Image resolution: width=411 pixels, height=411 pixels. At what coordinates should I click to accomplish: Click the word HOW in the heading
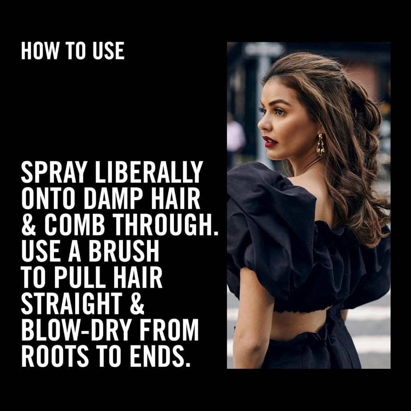tap(40, 51)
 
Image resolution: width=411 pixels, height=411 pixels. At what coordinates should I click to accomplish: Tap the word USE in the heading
tap(108, 51)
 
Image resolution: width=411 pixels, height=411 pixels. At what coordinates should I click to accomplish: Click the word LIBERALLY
tap(149, 172)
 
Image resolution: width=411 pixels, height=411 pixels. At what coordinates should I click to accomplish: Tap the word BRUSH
tap(124, 251)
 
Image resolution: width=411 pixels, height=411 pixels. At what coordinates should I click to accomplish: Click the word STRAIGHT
tap(71, 304)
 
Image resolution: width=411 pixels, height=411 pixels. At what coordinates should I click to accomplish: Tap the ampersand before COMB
tap(29, 225)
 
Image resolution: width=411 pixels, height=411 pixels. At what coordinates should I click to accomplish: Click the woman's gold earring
tap(320, 144)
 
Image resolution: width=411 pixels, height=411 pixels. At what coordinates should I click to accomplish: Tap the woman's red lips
tap(270, 142)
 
